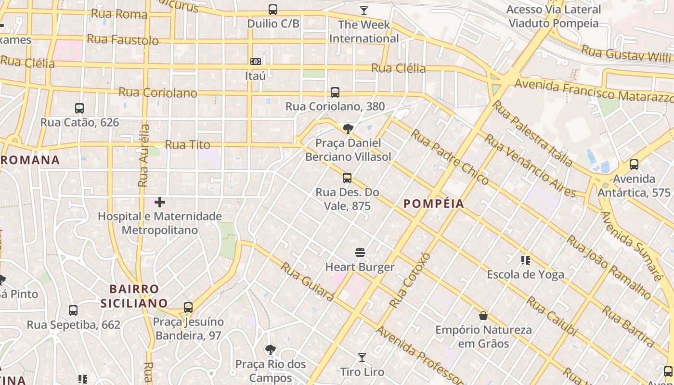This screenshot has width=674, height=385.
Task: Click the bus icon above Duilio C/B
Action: pyautogui.click(x=273, y=9)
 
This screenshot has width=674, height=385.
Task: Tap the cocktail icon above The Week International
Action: pyautogui.click(x=363, y=10)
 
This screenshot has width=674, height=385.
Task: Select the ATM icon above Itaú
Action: pyautogui.click(x=256, y=61)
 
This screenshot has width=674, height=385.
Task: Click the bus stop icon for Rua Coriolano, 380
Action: pyautogui.click(x=335, y=92)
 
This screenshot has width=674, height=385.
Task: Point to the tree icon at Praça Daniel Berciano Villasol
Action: pyautogui.click(x=348, y=128)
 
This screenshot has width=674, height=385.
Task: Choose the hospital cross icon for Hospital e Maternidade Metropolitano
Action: pyautogui.click(x=160, y=202)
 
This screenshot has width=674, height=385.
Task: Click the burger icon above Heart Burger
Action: pyautogui.click(x=360, y=253)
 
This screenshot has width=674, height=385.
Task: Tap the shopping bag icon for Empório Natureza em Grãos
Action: pyautogui.click(x=483, y=316)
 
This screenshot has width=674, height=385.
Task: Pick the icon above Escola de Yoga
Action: pyautogui.click(x=525, y=260)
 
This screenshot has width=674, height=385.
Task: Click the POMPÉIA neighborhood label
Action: pyautogui.click(x=434, y=204)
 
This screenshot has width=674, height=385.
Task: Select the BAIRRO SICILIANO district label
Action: pyautogui.click(x=134, y=296)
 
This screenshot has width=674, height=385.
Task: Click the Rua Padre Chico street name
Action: pyautogui.click(x=449, y=157)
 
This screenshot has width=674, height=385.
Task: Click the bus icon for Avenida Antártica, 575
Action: pyautogui.click(x=634, y=165)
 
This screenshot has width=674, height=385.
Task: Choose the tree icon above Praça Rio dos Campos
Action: pyautogui.click(x=271, y=350)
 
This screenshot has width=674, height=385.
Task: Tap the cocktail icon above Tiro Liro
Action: pyautogui.click(x=362, y=358)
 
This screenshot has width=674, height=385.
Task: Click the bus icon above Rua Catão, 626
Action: pyautogui.click(x=79, y=108)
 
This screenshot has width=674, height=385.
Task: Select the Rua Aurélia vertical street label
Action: pyautogui.click(x=144, y=155)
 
